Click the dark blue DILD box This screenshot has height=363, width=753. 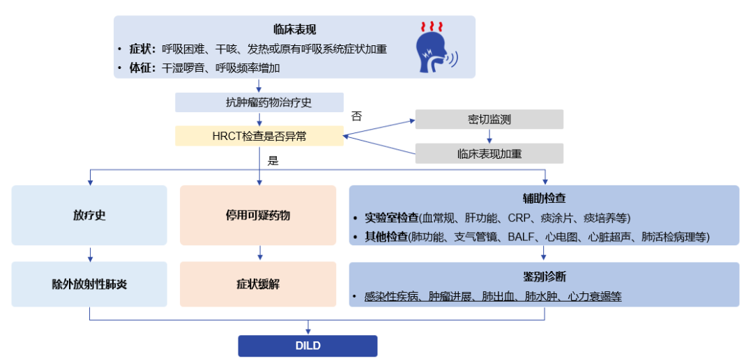(x=307, y=346)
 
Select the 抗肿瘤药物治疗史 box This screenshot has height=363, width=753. (x=259, y=102)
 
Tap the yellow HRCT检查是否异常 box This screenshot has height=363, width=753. (x=259, y=136)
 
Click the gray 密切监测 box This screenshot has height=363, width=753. (x=489, y=119)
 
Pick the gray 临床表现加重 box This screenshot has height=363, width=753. (x=489, y=153)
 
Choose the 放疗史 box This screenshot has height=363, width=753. (x=89, y=215)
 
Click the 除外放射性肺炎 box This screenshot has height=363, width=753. (x=89, y=284)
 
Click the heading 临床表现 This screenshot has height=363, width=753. (x=294, y=29)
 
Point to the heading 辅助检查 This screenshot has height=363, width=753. (x=544, y=199)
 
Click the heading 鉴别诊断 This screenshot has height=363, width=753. (x=544, y=276)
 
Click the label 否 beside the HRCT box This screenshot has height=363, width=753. (x=356, y=116)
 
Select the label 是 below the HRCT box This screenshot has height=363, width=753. (x=273, y=160)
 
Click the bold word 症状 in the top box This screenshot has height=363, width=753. (x=140, y=49)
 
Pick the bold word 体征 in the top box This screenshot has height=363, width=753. (x=140, y=68)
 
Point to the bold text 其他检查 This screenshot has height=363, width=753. (x=386, y=237)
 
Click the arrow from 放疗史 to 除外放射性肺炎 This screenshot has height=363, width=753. (x=89, y=254)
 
